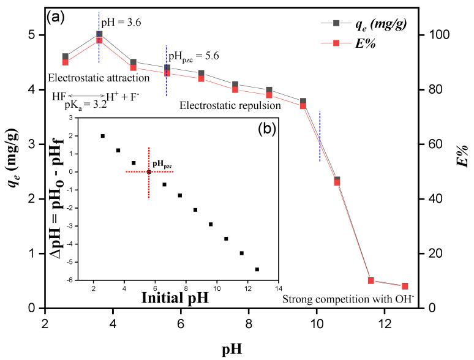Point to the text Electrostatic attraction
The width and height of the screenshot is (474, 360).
pyautogui.click(x=99, y=78)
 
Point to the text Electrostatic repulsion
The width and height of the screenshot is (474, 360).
pyautogui.click(x=230, y=106)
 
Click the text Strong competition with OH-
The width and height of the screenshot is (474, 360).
pyautogui.click(x=349, y=299)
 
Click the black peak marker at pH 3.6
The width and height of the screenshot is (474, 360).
pyautogui.click(x=99, y=35)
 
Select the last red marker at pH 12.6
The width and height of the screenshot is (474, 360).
pyautogui.click(x=405, y=286)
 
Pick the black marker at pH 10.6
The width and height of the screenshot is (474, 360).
pyautogui.click(x=337, y=179)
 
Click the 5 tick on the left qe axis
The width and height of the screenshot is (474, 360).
pyautogui.click(x=31, y=35)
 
